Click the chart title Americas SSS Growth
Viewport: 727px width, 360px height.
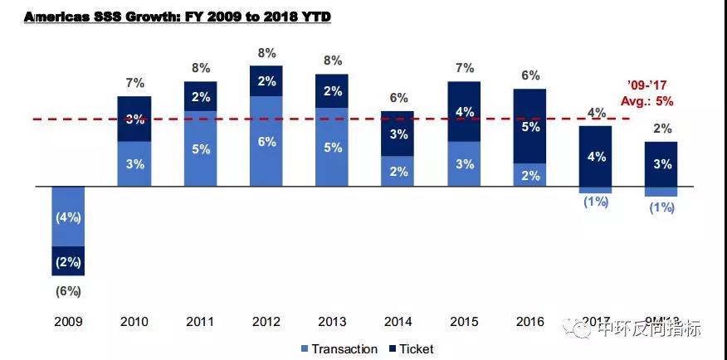coord(178,17)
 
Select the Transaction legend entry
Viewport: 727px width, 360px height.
coord(338,349)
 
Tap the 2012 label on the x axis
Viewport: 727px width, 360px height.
coord(266,321)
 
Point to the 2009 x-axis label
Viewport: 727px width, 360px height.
coord(68,321)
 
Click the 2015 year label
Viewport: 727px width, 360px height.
coord(463,321)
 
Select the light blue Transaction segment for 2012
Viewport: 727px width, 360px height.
coord(266,142)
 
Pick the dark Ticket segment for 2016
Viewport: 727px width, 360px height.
coord(529,126)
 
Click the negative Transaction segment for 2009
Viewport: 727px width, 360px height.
coord(68,216)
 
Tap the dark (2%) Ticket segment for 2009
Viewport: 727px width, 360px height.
coord(68,261)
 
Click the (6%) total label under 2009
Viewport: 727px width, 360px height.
coord(68,291)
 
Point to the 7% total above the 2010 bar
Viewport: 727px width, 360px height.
coord(134,83)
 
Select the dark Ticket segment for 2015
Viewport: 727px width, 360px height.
coord(463,111)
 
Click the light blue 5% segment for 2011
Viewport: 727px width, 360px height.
coord(200,149)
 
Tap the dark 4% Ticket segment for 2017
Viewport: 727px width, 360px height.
coord(595,157)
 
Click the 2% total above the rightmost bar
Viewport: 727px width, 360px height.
coord(661,129)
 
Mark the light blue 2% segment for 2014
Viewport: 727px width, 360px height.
coord(398,172)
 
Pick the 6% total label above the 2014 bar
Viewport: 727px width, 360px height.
coord(398,98)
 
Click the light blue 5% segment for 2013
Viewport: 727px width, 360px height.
coord(331,148)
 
